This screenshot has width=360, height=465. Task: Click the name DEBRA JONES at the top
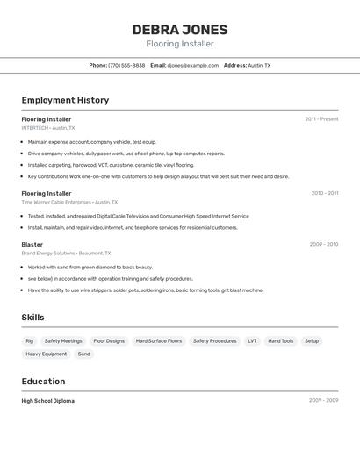180,29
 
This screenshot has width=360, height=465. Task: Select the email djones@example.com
192,65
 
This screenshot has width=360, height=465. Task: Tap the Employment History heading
65,100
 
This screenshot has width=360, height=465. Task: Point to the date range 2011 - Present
321,118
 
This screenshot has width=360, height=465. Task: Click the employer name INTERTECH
35,128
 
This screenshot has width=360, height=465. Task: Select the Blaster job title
32,244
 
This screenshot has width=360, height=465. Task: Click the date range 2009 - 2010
323,244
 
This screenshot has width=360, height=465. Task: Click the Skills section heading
33,318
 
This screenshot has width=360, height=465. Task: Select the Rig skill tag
30,340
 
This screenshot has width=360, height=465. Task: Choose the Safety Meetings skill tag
63,340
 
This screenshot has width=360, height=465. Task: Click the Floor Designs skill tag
109,340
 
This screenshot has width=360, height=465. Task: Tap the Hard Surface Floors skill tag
159,340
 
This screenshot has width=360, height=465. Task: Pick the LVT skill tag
252,340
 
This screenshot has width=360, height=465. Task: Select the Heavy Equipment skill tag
46,354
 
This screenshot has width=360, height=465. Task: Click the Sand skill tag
83,354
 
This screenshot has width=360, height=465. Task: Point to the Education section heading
43,381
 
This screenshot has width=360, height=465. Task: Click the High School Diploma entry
48,400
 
